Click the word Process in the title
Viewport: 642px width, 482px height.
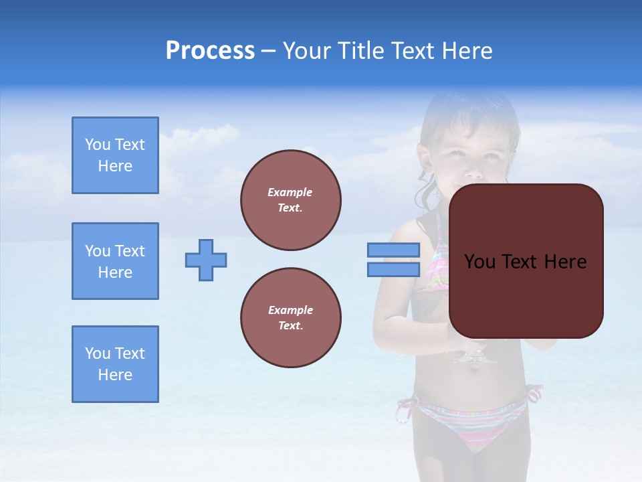click(210, 51)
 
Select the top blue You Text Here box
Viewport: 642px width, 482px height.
click(115, 155)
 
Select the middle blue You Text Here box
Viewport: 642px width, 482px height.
click(115, 261)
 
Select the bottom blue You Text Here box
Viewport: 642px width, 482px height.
click(115, 364)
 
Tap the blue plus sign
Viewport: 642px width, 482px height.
click(206, 260)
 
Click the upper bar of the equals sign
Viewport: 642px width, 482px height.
click(393, 250)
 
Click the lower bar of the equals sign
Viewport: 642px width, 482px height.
click(393, 270)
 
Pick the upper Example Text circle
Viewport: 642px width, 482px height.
click(290, 200)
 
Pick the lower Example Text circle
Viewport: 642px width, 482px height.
click(290, 318)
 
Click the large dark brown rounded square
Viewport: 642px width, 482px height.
click(526, 295)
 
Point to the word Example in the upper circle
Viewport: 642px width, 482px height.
click(290, 192)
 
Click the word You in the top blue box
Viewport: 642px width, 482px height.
click(98, 145)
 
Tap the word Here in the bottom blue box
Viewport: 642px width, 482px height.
click(115, 375)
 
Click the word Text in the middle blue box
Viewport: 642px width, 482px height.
click(129, 251)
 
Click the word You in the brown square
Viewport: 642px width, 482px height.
click(479, 262)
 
